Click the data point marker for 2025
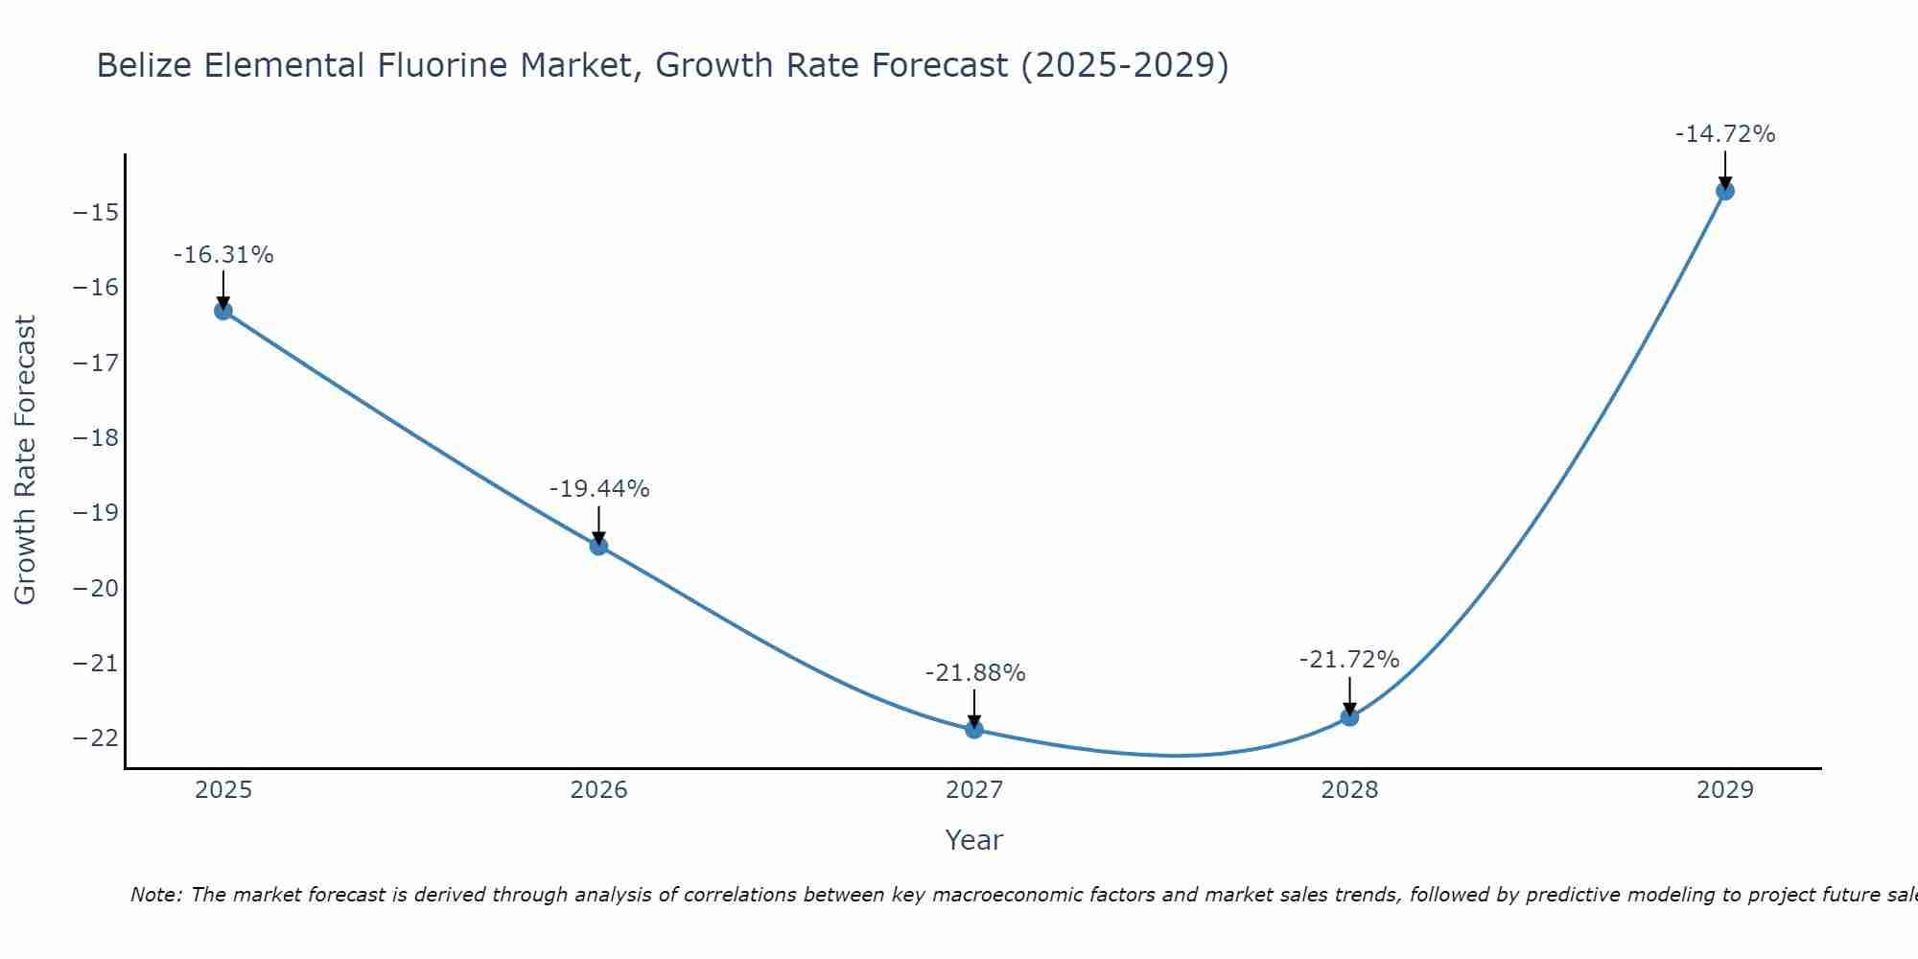click(223, 311)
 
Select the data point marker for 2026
click(598, 547)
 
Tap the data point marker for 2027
click(974, 730)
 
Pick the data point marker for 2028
click(1349, 717)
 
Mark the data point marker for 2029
click(1725, 191)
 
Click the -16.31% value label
click(223, 255)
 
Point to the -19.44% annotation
click(599, 489)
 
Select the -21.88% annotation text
click(975, 673)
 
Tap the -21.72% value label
click(1349, 660)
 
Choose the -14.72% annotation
click(1725, 134)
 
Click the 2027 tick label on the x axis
click(974, 790)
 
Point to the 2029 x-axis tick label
click(1725, 790)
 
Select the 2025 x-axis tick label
click(223, 790)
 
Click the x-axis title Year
click(974, 840)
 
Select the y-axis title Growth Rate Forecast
click(25, 460)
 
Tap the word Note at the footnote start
click(155, 895)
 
